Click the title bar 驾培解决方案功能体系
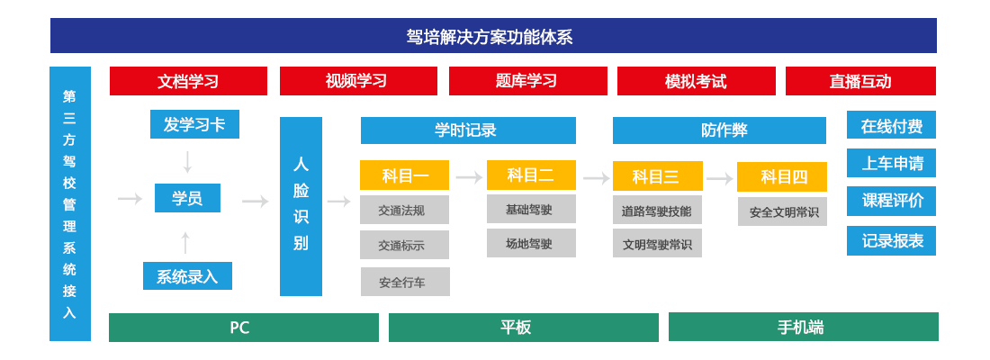pyautogui.click(x=493, y=35)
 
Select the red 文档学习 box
pyautogui.click(x=188, y=81)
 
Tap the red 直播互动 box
pyautogui.click(x=860, y=81)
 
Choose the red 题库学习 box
pyautogui.click(x=527, y=81)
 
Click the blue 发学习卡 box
pyautogui.click(x=194, y=124)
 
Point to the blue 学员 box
pyautogui.click(x=187, y=198)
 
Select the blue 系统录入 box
pyautogui.click(x=187, y=276)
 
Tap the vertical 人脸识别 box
pyautogui.click(x=301, y=206)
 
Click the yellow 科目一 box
pyautogui.click(x=405, y=175)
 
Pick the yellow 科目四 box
pyautogui.click(x=781, y=176)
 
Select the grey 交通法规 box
pyautogui.click(x=405, y=210)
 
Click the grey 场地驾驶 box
pyautogui.click(x=531, y=243)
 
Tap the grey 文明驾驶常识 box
pyautogui.click(x=657, y=243)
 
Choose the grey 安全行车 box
pyautogui.click(x=405, y=282)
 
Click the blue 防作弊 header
pyautogui.click(x=719, y=130)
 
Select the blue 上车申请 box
pyautogui.click(x=891, y=163)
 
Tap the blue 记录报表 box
pyautogui.click(x=891, y=240)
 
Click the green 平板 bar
pyautogui.click(x=524, y=328)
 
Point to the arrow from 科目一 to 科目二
pyautogui.click(x=469, y=177)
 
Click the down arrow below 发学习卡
pyautogui.click(x=187, y=162)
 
